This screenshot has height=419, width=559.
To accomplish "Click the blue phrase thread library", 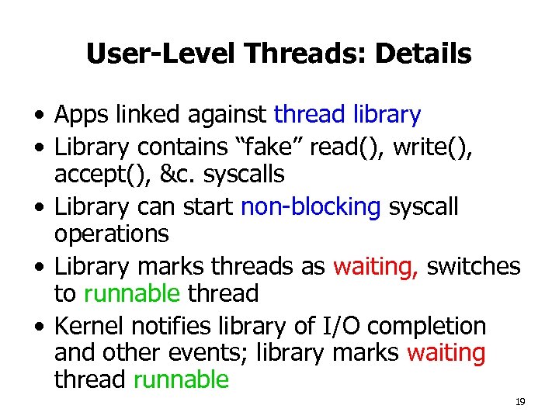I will pyautogui.click(x=347, y=116).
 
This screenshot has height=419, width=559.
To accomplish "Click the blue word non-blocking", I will pyautogui.click(x=311, y=207).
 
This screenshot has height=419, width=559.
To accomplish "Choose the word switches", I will pyautogui.click(x=474, y=266).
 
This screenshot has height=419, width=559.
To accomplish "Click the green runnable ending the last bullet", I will pyautogui.click(x=181, y=381).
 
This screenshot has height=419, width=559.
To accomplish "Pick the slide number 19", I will pyautogui.click(x=520, y=402).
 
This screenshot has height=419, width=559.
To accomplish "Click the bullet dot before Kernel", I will pyautogui.click(x=39, y=327).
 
